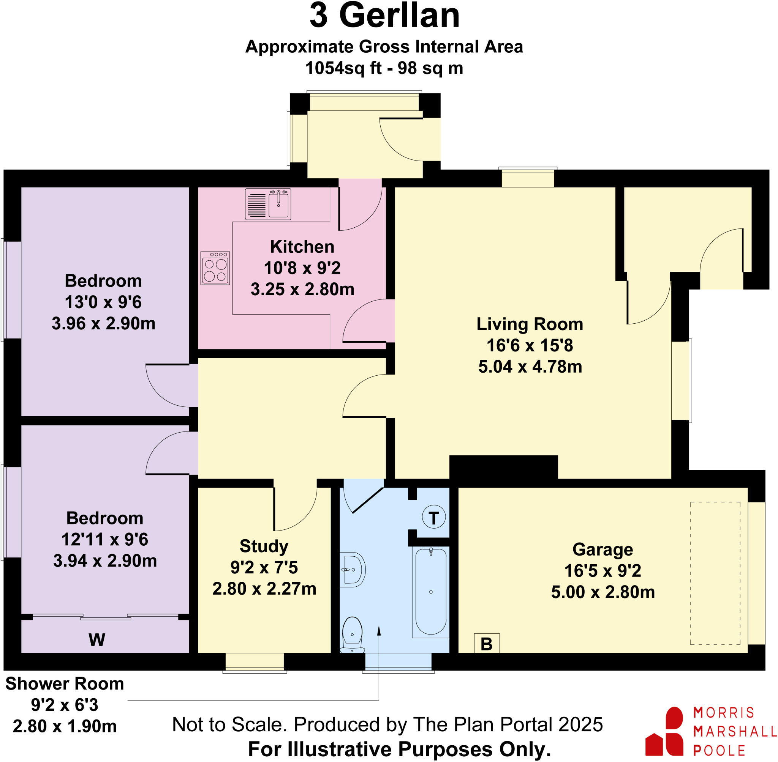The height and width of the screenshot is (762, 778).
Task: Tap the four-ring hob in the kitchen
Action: (x=215, y=268)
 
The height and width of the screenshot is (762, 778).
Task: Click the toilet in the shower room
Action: (x=352, y=634)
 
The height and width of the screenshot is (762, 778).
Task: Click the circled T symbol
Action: (x=433, y=518)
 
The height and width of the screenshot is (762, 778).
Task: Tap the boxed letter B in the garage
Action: (x=486, y=644)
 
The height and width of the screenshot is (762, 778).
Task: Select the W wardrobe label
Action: (x=97, y=640)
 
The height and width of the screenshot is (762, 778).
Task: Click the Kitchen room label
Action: (x=302, y=247)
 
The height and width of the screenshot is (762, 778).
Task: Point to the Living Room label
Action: (x=530, y=324)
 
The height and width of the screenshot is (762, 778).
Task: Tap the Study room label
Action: (x=264, y=546)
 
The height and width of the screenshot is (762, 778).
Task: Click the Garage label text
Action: (x=602, y=549)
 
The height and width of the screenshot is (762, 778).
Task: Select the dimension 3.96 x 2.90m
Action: (x=103, y=323)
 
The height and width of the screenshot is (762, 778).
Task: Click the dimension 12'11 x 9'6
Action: (x=104, y=540)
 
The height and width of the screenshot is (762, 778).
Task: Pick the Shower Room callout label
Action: (x=65, y=684)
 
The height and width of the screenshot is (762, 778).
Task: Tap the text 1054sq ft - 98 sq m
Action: (x=384, y=68)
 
